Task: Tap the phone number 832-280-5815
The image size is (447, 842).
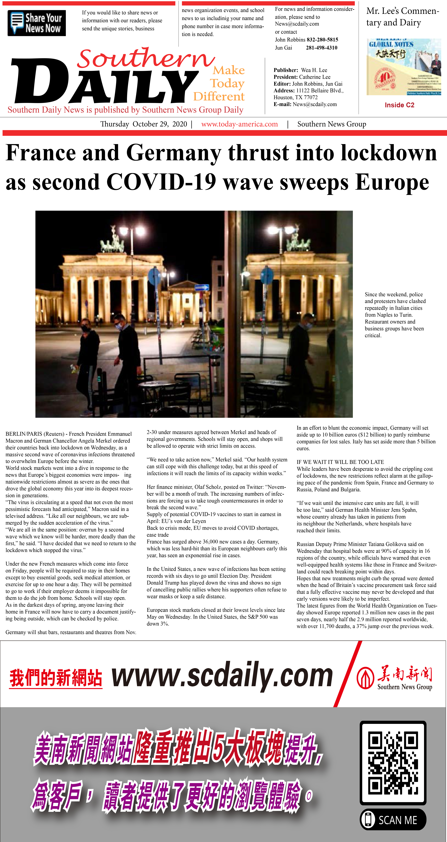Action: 322,40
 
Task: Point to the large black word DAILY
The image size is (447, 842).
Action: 105,82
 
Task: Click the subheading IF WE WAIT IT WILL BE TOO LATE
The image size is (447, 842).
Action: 340,462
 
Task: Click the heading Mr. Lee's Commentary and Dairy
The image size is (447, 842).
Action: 402,17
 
